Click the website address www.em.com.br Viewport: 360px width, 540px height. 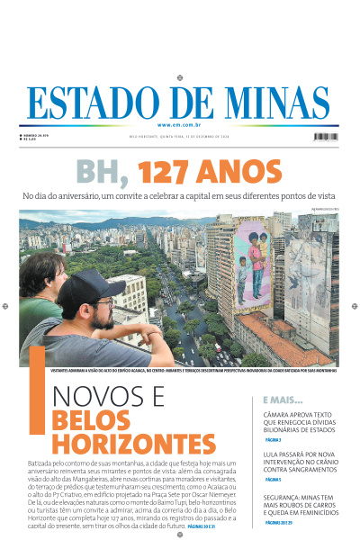click(x=180, y=124)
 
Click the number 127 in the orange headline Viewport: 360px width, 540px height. click(x=161, y=172)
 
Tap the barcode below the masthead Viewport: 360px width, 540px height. click(x=326, y=136)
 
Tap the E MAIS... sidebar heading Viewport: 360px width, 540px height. click(x=282, y=399)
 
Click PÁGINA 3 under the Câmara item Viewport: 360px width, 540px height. click(x=273, y=441)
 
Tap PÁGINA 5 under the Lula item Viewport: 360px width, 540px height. click(x=273, y=481)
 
